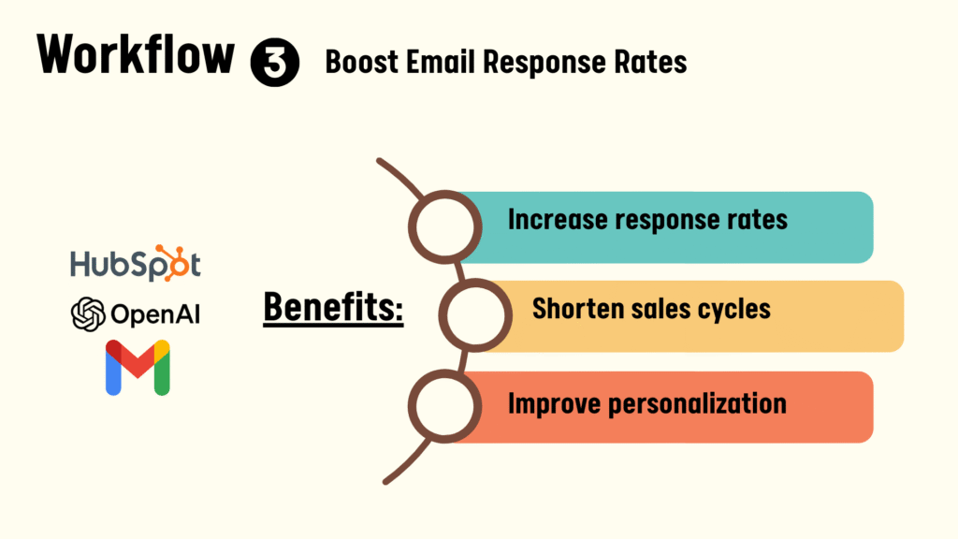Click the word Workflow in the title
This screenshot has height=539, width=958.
(x=136, y=55)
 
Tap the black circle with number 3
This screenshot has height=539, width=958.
(x=275, y=63)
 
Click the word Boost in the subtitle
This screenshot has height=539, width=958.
(x=361, y=62)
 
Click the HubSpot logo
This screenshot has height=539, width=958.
(x=136, y=263)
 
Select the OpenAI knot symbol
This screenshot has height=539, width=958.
(x=88, y=314)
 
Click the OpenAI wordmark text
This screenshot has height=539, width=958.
(x=155, y=314)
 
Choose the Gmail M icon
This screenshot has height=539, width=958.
(x=138, y=367)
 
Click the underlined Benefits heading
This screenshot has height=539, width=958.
(x=333, y=307)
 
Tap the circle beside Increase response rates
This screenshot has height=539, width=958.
(x=444, y=227)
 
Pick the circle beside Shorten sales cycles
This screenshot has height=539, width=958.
(x=475, y=315)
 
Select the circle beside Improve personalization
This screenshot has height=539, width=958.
(x=444, y=406)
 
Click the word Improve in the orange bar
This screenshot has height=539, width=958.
(x=554, y=404)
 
